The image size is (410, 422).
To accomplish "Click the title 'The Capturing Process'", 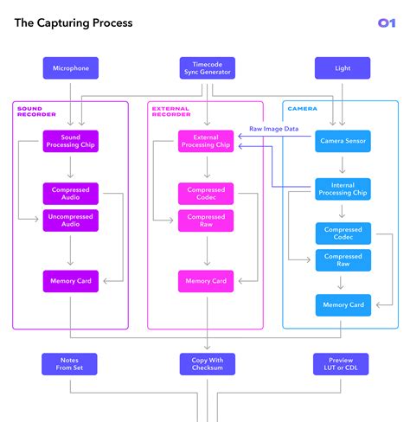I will coord(74,23).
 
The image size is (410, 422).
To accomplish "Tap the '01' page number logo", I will coord(386,23).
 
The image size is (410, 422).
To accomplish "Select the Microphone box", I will coord(70,68).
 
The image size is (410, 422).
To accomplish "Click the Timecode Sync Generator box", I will coord(207,68).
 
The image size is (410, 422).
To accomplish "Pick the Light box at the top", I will coord(343,68).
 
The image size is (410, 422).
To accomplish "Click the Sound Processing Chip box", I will coord(70,141).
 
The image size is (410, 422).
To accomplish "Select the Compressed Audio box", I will coord(70,194).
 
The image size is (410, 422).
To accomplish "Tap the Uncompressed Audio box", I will coord(70,220).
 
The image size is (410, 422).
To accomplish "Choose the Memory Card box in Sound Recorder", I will coord(70,280).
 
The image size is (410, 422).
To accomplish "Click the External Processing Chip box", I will coord(206,141).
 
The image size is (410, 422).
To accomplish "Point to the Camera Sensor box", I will coord(343,141).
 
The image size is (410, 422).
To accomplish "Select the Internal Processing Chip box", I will coord(343,189).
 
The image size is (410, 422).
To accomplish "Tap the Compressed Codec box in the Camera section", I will coord(343,233).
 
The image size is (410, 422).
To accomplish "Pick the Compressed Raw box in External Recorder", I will coord(206,220).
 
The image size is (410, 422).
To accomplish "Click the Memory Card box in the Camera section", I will coord(343,304).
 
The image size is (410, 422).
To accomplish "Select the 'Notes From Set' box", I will coord(70,364).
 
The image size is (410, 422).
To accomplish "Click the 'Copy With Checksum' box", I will coord(207,364).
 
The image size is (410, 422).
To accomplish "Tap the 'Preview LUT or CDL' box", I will coord(343,364).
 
